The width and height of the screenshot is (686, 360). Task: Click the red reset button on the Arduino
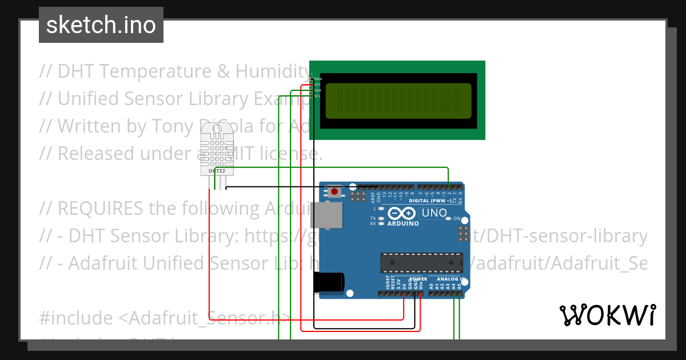[x=334, y=191]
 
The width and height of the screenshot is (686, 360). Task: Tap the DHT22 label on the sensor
[x=217, y=171]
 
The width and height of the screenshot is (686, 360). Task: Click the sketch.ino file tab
[x=101, y=25]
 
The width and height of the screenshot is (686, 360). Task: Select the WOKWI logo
[x=607, y=315]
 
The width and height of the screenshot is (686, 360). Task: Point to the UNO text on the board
[x=433, y=214]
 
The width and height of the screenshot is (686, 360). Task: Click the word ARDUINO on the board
[x=403, y=223]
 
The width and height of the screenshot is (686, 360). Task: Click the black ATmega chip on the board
[x=422, y=262]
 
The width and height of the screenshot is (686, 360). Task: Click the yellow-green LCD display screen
[x=398, y=99]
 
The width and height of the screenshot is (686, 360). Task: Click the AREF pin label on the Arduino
[x=373, y=198]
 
